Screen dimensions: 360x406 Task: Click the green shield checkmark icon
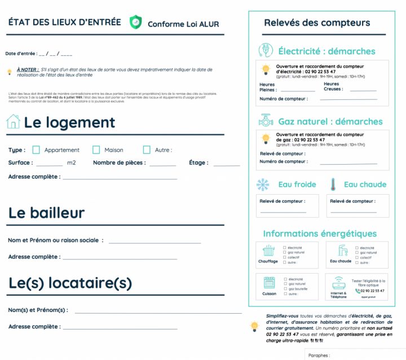coord(136,23)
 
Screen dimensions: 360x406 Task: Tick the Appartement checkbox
coord(36,150)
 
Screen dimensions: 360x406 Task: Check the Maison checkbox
coord(96,150)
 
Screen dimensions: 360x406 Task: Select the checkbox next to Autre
coord(147,150)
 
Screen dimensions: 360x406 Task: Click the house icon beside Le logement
coord(13,122)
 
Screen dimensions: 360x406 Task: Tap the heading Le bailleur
coord(46,213)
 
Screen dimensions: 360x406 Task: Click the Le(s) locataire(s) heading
coord(70,282)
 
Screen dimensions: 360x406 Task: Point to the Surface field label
coord(20,163)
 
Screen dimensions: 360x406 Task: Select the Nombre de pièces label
coord(119,163)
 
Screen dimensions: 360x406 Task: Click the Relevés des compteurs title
coord(317,23)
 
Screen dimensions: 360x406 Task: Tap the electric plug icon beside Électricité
coord(266,51)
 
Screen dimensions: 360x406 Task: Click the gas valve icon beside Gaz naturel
coord(266,121)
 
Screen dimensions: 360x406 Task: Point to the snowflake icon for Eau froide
coord(263,185)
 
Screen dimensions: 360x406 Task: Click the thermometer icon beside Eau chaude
coord(333,185)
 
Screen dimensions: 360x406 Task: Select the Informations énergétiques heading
coord(320,234)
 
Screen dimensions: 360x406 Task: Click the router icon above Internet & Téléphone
coord(338,283)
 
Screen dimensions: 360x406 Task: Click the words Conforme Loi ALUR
coord(183,24)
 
